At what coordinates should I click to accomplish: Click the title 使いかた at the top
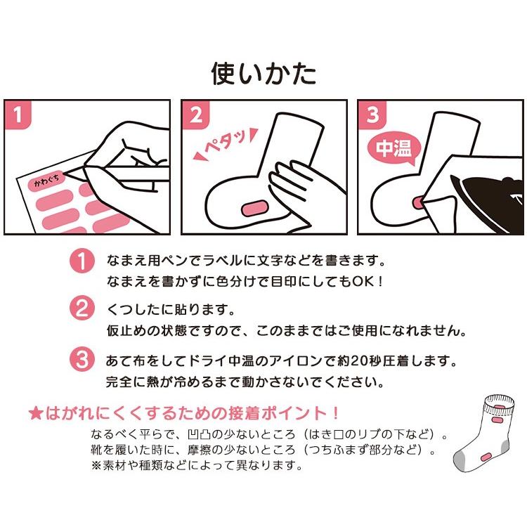263,73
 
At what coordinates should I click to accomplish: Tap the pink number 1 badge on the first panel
20,114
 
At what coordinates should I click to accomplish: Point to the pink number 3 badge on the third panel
372,114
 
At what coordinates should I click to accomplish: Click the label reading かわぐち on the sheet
48,183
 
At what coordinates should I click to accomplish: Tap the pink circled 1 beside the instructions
82,261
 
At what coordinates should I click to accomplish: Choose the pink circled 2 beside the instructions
82,310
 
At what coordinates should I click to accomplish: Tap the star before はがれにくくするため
35,412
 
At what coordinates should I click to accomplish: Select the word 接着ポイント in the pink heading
288,412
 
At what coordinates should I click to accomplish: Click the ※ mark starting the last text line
96,464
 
